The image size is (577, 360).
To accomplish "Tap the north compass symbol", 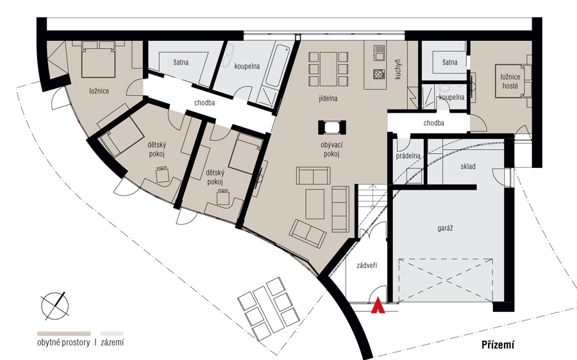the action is [55, 306].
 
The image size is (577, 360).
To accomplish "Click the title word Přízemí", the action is [498, 345].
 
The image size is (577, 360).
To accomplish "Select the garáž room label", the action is [445, 228].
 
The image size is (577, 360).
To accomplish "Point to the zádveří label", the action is [367, 265].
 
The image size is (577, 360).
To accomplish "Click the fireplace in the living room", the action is [332, 127].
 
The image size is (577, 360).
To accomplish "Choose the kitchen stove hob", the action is [379, 74].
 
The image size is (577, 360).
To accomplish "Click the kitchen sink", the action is [379, 53].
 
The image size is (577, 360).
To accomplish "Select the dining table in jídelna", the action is [329, 69].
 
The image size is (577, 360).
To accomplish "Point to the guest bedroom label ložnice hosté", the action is [510, 81].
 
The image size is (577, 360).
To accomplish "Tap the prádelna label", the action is [408, 156].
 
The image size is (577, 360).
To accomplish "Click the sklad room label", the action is [468, 166].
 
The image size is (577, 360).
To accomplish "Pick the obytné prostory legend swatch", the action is [63, 334].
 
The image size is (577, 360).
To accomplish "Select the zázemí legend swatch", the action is [112, 334].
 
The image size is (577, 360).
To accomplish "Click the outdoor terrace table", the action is [267, 308].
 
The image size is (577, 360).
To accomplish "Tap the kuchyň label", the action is [397, 69].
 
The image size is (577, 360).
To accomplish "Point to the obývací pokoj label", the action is [331, 150].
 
